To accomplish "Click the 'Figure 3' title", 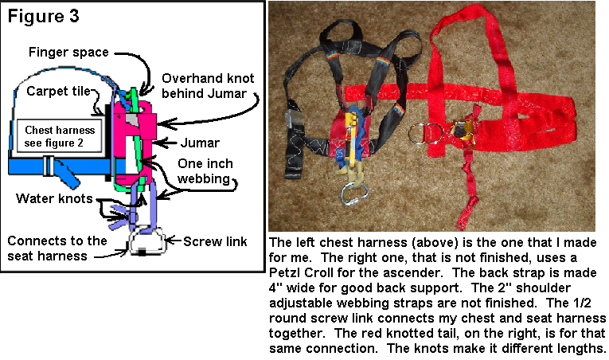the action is [43, 17].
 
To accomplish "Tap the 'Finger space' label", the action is [68, 52].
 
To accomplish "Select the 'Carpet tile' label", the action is [58, 91].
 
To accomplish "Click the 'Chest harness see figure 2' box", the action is [60, 136].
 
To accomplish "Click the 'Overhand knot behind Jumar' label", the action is [208, 86].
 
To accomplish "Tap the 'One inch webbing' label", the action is [205, 171].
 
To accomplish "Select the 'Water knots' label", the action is [54, 198].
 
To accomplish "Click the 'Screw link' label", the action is [215, 241].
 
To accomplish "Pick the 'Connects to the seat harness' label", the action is [57, 248].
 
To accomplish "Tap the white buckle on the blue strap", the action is [49, 166].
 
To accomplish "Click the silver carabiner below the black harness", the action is [354, 194].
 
